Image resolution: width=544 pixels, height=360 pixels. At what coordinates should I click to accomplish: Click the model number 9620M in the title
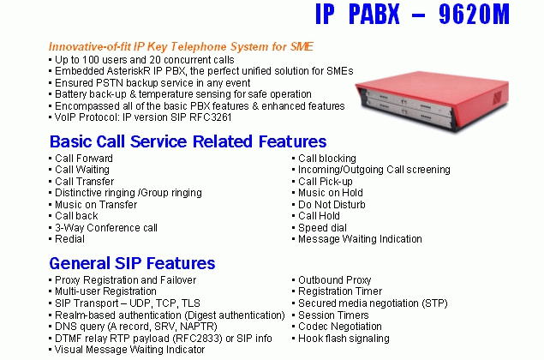click(x=474, y=14)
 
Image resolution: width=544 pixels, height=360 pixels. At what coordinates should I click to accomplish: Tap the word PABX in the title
click(x=374, y=14)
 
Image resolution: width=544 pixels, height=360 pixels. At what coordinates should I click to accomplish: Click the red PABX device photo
click(x=432, y=100)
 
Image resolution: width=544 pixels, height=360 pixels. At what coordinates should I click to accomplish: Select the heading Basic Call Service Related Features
click(x=188, y=141)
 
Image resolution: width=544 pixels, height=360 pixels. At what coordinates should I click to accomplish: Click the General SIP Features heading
click(x=132, y=263)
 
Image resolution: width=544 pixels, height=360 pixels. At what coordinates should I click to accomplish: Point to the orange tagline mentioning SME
click(x=181, y=46)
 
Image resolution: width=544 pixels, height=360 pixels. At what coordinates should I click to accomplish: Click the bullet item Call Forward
click(x=84, y=159)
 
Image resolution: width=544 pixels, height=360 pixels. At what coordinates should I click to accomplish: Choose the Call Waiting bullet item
click(x=82, y=170)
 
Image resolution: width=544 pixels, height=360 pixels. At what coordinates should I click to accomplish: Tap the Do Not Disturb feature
click(x=332, y=205)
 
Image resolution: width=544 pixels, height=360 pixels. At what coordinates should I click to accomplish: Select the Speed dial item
click(x=322, y=228)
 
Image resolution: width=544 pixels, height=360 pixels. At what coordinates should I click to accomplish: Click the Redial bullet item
click(x=69, y=239)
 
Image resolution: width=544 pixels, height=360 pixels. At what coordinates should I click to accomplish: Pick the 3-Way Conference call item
click(x=106, y=228)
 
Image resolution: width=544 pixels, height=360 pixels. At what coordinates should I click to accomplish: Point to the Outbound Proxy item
click(x=335, y=279)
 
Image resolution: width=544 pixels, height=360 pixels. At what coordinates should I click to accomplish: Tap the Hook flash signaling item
click(x=344, y=338)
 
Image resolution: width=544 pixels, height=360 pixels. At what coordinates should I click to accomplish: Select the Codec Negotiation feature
click(x=340, y=327)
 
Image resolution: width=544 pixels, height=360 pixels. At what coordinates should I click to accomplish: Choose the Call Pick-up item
click(x=326, y=182)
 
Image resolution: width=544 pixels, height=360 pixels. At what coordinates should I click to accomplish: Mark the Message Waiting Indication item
click(x=360, y=239)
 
